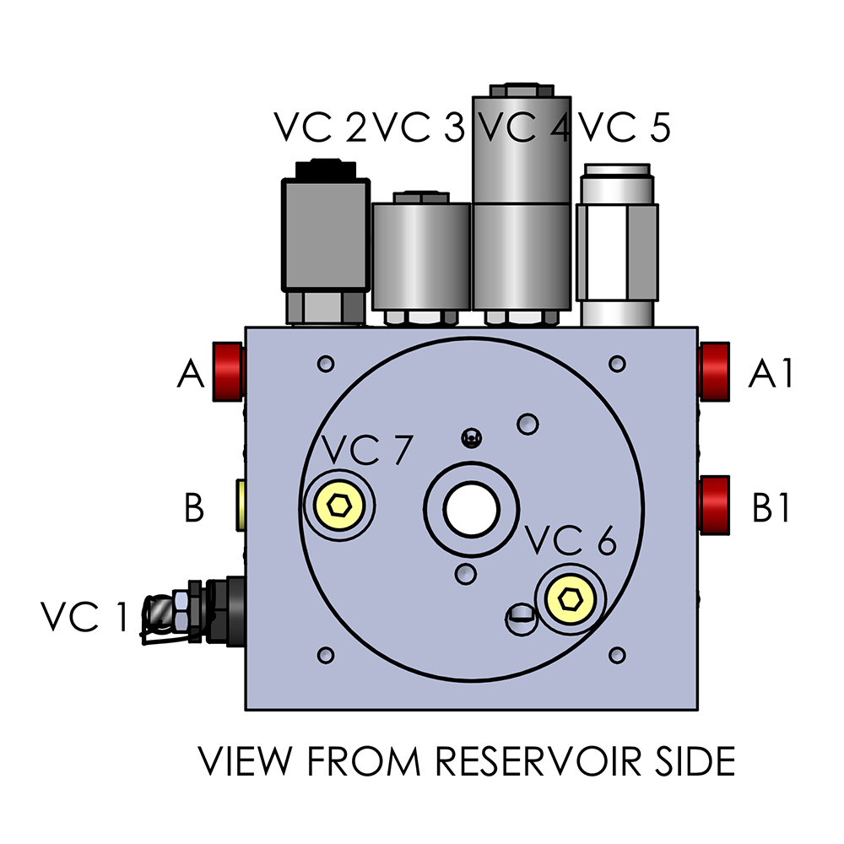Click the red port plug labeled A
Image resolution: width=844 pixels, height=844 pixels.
pyautogui.click(x=227, y=371)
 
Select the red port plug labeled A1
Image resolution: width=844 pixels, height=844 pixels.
pyautogui.click(x=715, y=371)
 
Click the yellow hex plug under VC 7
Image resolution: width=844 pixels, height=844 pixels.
pyautogui.click(x=340, y=506)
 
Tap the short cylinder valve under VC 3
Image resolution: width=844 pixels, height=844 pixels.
pyautogui.click(x=420, y=257)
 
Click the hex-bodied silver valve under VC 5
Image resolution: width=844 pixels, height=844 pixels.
pyautogui.click(x=617, y=245)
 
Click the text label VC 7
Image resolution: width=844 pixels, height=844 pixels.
pyautogui.click(x=366, y=451)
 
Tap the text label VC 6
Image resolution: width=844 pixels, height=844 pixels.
pyautogui.click(x=570, y=540)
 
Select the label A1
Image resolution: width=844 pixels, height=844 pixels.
pyautogui.click(x=771, y=374)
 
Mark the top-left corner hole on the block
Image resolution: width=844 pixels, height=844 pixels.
pyautogui.click(x=325, y=364)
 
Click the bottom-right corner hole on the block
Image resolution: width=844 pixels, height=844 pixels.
pyautogui.click(x=617, y=655)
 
